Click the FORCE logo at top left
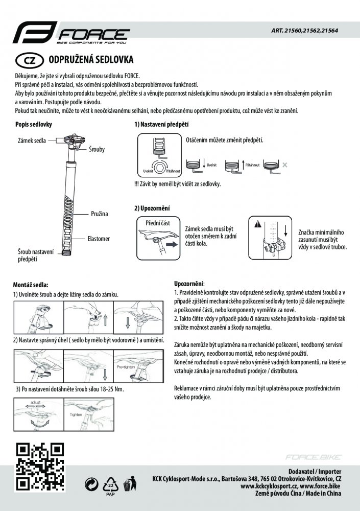coord(70,35)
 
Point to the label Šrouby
coord(97,150)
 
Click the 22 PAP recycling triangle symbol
coord(110,484)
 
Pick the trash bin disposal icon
coord(130,483)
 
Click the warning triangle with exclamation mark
coord(258,224)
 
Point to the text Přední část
coord(157,223)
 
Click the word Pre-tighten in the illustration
coord(126,366)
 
